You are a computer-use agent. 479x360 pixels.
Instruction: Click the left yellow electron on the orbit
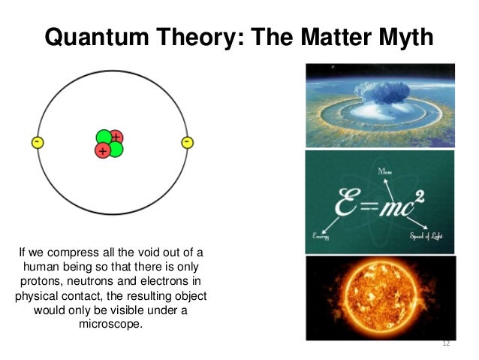click(36, 143)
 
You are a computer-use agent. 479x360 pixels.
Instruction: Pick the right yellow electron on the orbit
click(187, 143)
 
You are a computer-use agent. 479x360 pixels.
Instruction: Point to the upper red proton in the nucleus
click(116, 137)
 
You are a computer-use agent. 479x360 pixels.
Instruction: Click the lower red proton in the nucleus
click(103, 150)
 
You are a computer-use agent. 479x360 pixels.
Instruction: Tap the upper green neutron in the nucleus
click(104, 138)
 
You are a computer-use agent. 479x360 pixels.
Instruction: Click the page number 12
click(446, 343)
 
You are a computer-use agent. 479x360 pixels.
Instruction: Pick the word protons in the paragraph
click(37, 281)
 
